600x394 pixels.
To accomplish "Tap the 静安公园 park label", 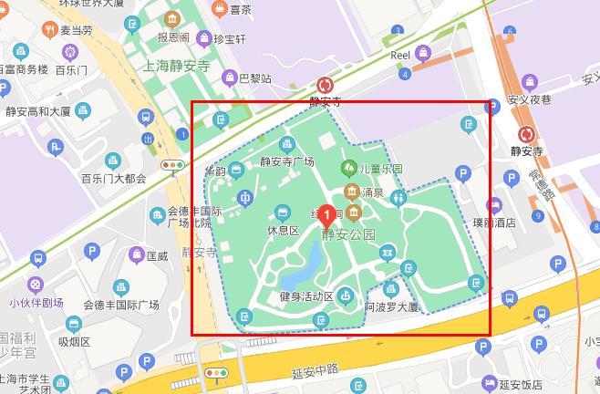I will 349,234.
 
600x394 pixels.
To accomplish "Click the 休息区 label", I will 283,231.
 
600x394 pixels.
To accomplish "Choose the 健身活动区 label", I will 306,296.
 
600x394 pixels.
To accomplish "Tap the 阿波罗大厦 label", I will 391,307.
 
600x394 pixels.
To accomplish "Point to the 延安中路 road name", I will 315,370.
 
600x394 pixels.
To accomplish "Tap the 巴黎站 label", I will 254,78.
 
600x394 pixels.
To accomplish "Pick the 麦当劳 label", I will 76,30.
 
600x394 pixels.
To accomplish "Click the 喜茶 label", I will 240,10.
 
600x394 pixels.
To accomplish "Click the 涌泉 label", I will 372,192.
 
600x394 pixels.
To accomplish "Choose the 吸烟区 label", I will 75,342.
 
